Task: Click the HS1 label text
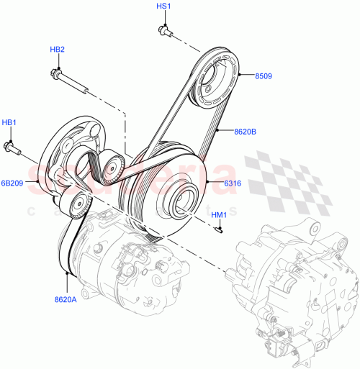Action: pos(163,6)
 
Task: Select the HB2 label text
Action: pos(57,49)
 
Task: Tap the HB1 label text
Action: pos(9,122)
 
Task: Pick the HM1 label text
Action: pos(219,214)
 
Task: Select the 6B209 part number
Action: pos(12,183)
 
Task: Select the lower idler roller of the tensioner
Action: pos(77,204)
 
